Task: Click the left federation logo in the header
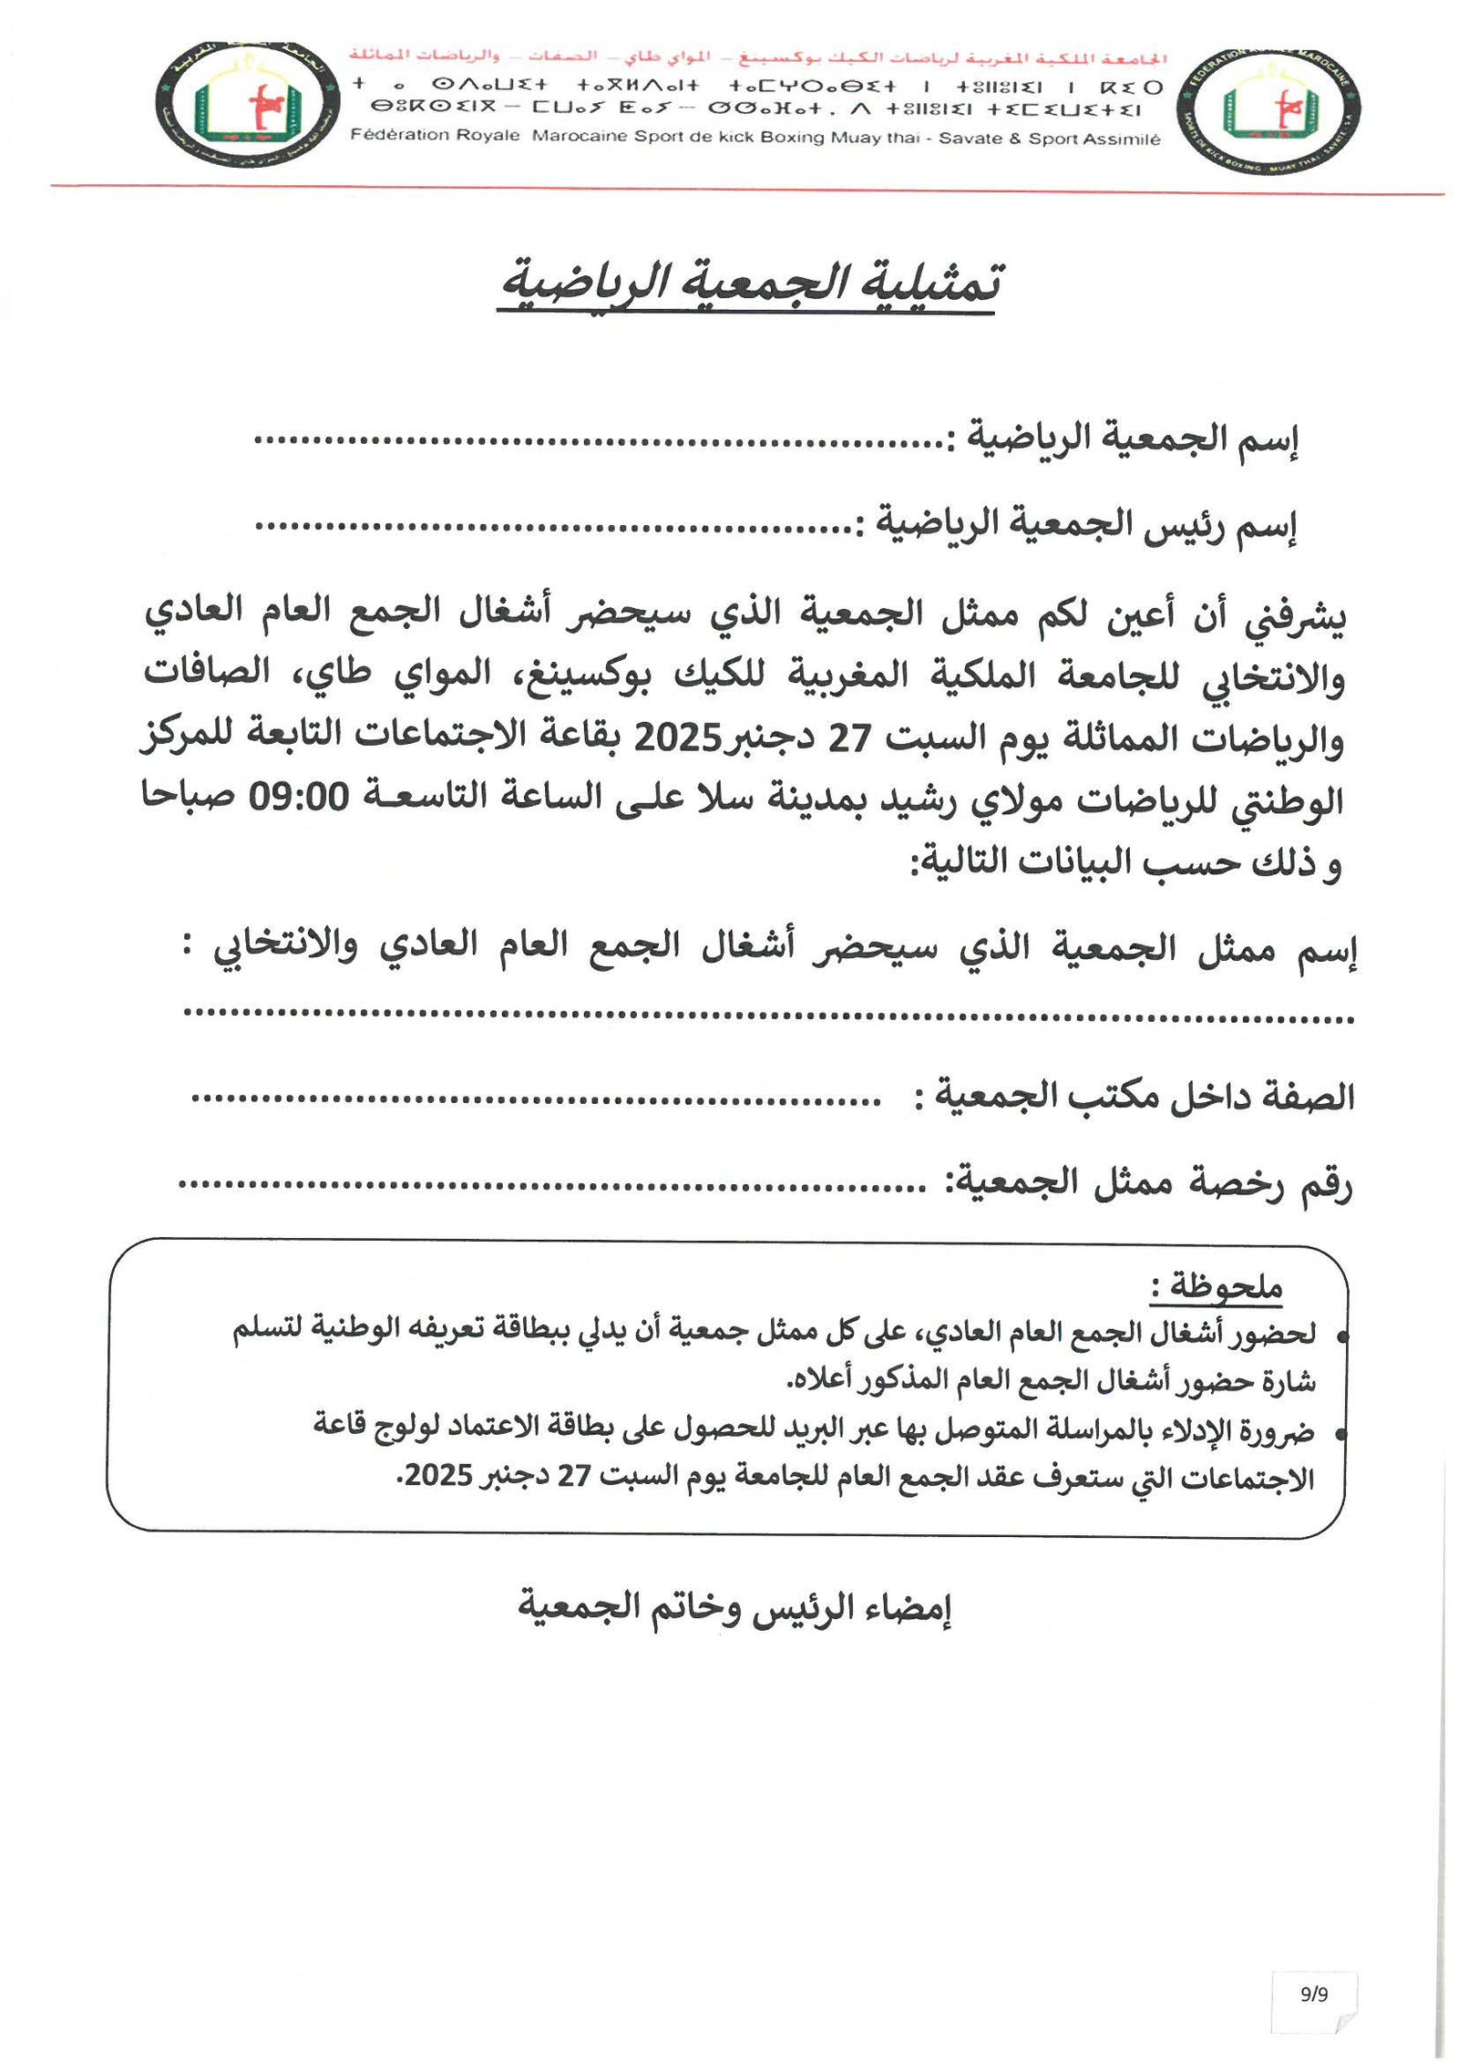coord(247,105)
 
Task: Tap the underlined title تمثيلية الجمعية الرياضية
coord(752,284)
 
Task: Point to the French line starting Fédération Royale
coord(755,138)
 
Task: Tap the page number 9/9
coord(1314,1994)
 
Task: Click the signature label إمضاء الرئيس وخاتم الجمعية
coord(735,1606)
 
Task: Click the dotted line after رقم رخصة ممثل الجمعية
coord(552,1186)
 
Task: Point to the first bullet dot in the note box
coord(1340,1337)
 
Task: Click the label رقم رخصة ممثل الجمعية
coord(1153,1182)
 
